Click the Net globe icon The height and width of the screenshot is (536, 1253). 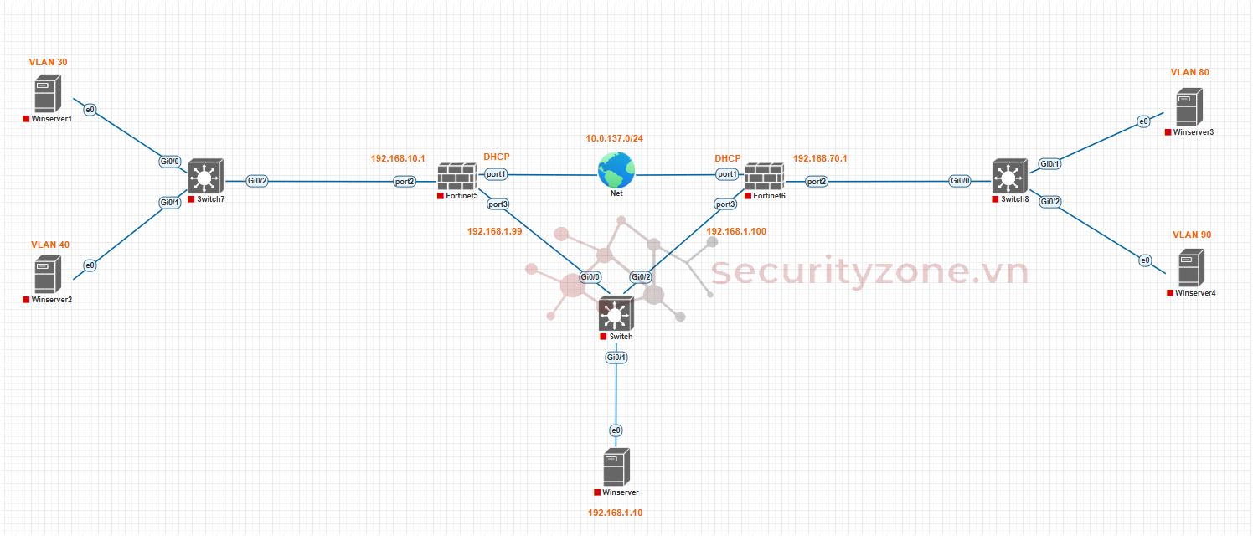(x=616, y=170)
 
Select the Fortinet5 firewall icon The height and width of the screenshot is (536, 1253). (x=456, y=177)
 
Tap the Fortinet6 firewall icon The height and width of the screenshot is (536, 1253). (x=763, y=177)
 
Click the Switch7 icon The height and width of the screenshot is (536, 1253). (x=203, y=177)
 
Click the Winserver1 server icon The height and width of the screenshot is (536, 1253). (x=47, y=93)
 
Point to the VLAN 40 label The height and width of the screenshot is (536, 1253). (x=50, y=245)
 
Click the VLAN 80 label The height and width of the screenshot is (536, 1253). (x=1189, y=72)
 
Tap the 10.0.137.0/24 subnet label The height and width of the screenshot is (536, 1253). (x=614, y=137)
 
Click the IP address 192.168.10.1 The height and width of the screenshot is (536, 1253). (x=398, y=157)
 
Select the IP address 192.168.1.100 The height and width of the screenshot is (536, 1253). (x=736, y=231)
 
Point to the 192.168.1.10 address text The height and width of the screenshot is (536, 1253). (x=615, y=513)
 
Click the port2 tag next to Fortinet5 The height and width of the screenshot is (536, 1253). (x=405, y=181)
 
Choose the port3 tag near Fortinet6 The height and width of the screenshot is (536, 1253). (x=725, y=204)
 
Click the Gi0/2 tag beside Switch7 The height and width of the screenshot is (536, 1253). (x=257, y=180)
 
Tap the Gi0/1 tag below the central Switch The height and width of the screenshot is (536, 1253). (x=616, y=358)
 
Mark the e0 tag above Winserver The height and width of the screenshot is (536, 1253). (x=616, y=430)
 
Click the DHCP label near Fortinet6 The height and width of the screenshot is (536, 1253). (x=727, y=158)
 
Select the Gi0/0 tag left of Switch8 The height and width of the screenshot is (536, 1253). (x=960, y=180)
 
